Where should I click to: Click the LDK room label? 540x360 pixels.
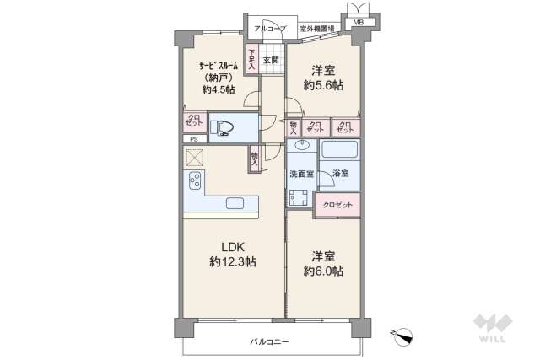(233, 246)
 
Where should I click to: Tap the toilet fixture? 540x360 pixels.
(224, 128)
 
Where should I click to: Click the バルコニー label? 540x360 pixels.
(269, 341)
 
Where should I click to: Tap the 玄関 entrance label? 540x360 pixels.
(270, 59)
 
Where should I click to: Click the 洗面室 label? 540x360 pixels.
(301, 175)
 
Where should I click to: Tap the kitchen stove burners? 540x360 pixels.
(194, 181)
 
